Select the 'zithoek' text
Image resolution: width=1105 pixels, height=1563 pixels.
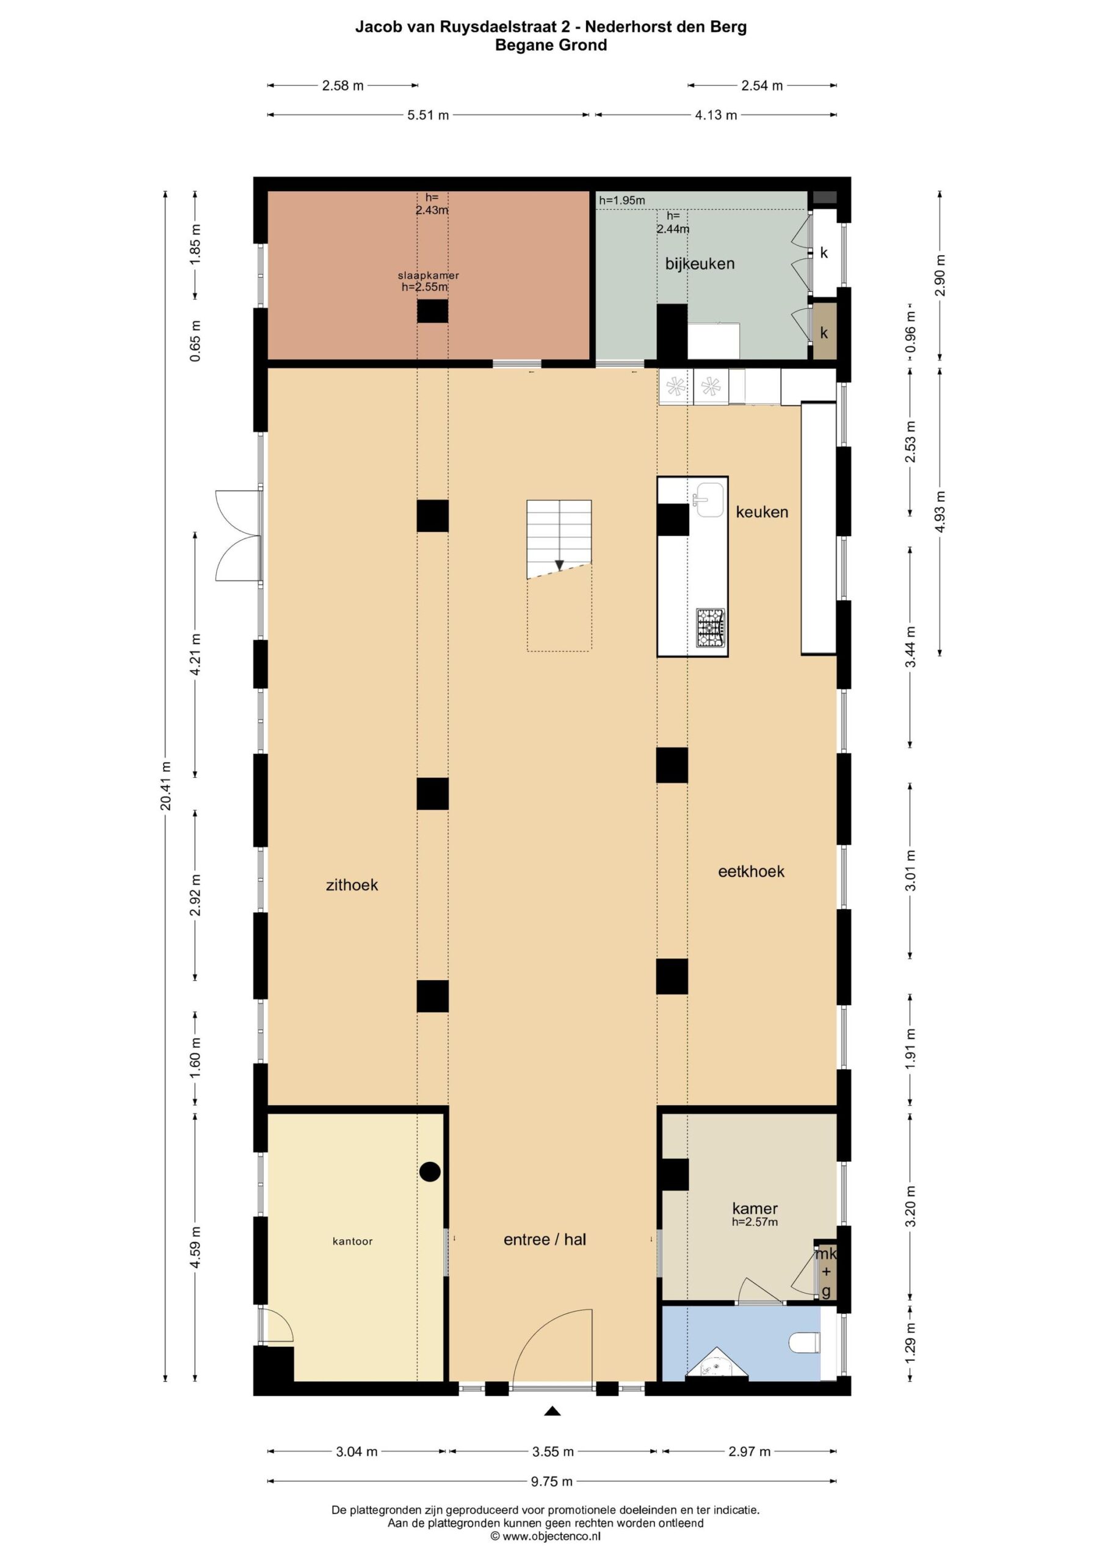[352, 885]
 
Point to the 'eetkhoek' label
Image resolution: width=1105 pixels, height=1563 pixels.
[752, 871]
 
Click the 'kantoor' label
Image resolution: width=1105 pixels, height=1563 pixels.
[353, 1241]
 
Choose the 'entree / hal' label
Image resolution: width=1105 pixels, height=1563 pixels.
[545, 1239]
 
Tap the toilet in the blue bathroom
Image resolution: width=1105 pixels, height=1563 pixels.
[805, 1343]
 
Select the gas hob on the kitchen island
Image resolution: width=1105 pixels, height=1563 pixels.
[710, 627]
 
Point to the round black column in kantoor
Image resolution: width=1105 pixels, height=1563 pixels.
[430, 1171]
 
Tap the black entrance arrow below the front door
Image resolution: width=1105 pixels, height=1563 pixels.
[552, 1411]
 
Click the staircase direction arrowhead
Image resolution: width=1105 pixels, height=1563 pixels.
[559, 565]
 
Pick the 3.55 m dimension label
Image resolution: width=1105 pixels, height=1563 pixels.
[553, 1452]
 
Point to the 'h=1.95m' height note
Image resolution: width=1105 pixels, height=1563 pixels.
[621, 200]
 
